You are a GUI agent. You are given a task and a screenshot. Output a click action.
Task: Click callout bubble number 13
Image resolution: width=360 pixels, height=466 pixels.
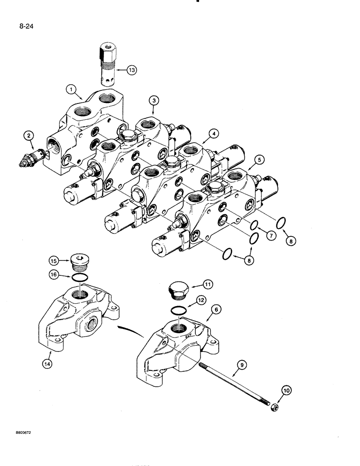click(132, 70)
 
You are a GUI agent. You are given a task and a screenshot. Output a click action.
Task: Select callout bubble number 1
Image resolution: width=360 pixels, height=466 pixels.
click(71, 88)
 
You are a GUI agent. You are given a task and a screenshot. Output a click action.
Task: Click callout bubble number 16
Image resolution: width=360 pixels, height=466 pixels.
click(53, 276)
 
